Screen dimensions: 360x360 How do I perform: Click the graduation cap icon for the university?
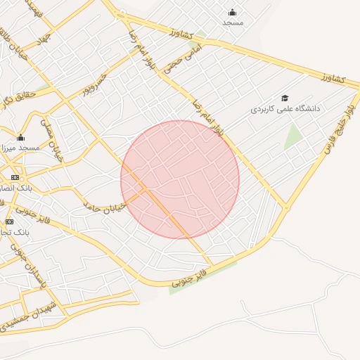click(x=285, y=98)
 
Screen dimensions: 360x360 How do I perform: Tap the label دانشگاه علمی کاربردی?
click(x=286, y=110)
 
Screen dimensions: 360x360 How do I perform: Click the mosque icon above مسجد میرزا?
click(x=21, y=138)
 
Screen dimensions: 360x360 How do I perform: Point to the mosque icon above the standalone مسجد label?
click(x=233, y=12)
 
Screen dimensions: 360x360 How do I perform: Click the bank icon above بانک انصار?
click(x=13, y=177)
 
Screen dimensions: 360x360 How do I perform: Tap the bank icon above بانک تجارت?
click(x=9, y=221)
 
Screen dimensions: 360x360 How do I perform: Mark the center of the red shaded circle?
click(x=180, y=179)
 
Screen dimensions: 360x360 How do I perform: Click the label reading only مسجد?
click(x=233, y=22)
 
